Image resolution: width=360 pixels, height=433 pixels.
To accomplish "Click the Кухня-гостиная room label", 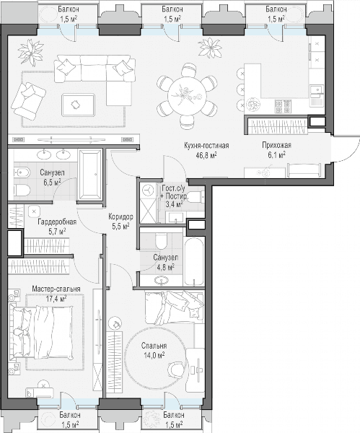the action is [x=206, y=146].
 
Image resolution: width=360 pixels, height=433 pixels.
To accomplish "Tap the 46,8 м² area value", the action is [x=206, y=155].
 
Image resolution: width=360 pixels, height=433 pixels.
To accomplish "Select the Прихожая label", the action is [x=276, y=145].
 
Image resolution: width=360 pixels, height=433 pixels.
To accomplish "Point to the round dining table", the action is [x=187, y=95].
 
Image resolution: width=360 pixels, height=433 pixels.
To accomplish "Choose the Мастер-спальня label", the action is [x=56, y=289].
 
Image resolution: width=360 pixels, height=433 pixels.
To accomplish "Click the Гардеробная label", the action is [x=57, y=222].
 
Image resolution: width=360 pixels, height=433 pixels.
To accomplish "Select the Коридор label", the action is [x=120, y=216].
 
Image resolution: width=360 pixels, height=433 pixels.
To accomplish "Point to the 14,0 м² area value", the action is [x=154, y=355].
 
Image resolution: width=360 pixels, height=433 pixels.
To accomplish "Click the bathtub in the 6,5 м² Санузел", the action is [x=91, y=175].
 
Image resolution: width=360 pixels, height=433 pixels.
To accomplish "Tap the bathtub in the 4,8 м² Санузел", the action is [x=194, y=261].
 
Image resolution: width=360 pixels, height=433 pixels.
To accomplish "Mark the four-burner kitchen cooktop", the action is [x=283, y=107].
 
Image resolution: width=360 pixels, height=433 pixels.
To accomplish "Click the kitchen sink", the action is [x=317, y=90].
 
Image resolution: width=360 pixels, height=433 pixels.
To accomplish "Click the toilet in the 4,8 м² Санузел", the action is [x=161, y=241].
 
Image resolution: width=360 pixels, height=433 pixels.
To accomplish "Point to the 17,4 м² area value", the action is [x=56, y=299].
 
